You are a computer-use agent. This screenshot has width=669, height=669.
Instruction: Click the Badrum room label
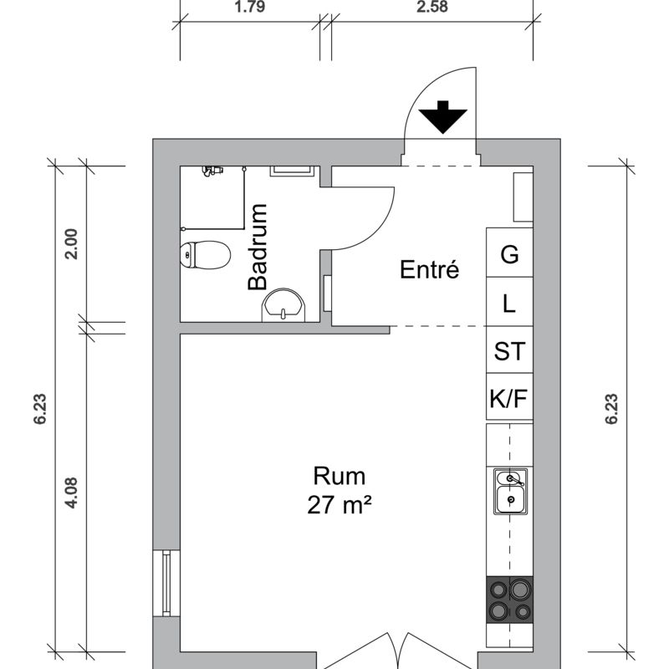[x=258, y=247]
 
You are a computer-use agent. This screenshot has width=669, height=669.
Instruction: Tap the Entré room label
[x=429, y=269]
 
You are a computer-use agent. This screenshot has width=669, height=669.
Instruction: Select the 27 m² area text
[x=339, y=505]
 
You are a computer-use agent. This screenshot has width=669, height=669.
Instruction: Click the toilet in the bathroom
[x=205, y=255]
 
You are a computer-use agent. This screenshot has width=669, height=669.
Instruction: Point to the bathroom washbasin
[x=283, y=305]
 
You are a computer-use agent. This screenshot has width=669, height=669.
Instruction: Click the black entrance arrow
[x=443, y=116]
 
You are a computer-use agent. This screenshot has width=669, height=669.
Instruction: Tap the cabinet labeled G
[x=509, y=253]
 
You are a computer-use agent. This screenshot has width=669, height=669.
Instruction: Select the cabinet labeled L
[x=509, y=302]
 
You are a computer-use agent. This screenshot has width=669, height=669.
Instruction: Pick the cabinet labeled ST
[x=509, y=350]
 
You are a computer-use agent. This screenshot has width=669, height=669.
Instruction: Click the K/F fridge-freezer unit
[x=509, y=396]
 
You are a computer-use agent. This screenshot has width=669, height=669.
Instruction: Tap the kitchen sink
[x=510, y=492]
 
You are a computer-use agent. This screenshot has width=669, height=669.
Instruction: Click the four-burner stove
[x=510, y=600]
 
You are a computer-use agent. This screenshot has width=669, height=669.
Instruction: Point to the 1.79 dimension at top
[x=249, y=7]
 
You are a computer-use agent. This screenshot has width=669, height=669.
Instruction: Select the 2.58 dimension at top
[x=432, y=7]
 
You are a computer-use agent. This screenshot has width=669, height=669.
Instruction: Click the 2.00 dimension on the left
[x=71, y=244]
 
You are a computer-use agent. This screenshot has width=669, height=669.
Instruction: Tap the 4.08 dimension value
[x=71, y=493]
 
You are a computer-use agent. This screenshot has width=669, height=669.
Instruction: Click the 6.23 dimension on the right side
[x=611, y=409]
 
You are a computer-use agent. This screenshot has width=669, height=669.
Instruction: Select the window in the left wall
[x=166, y=583]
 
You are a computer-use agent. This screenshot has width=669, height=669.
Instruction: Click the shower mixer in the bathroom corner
[x=212, y=171]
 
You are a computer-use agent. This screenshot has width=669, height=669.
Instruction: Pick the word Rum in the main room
[x=340, y=476]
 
